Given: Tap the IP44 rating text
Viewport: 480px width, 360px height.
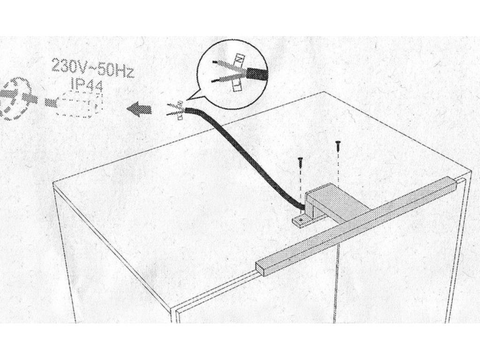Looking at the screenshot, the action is tap(87, 85).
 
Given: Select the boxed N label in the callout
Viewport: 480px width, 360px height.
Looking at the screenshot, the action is tap(239, 59).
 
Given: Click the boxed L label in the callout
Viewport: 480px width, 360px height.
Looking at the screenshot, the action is tap(237, 86).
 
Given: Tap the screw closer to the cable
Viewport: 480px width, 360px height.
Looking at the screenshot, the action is tap(300, 162).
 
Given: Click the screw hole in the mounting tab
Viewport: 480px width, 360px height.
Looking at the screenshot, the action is tap(300, 219).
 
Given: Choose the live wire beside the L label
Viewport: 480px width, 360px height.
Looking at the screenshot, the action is tap(229, 78).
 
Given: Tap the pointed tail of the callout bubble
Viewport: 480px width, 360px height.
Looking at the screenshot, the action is tap(187, 100).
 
